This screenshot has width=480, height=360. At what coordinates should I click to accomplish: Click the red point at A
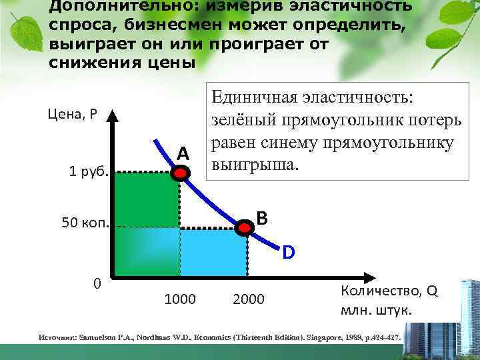180,173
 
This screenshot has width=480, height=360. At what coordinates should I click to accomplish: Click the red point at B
246,227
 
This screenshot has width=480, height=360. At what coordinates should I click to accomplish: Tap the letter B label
262,217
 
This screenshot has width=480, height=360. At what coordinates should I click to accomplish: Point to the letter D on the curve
288,253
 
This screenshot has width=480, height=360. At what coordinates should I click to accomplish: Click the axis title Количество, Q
389,291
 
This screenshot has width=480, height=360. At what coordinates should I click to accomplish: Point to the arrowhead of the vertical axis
114,113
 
